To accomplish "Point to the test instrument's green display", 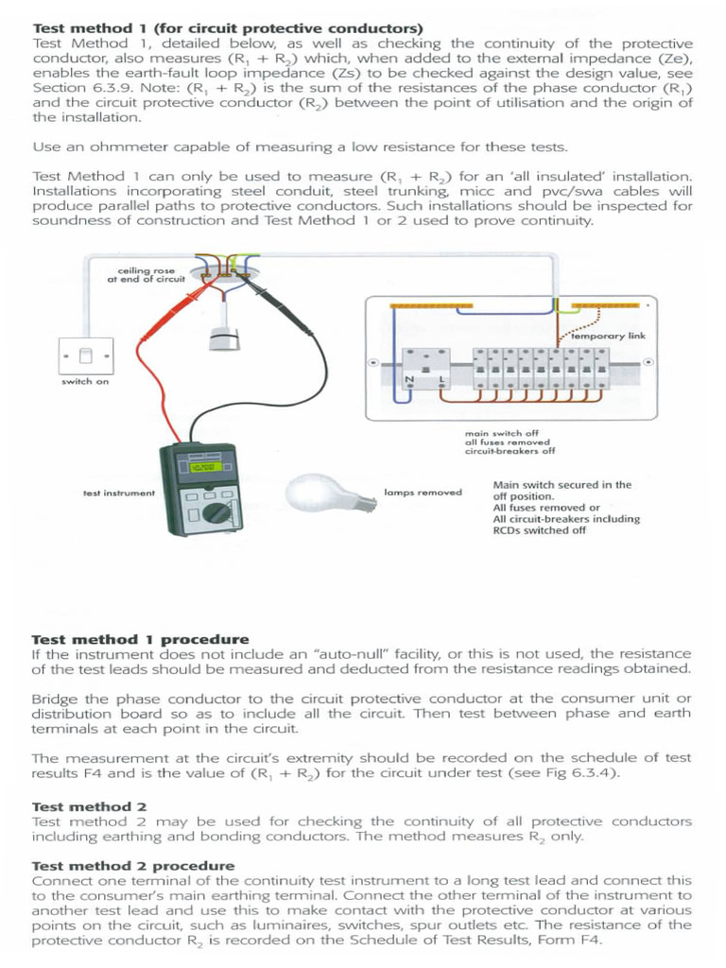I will coord(201,468).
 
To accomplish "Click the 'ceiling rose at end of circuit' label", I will coord(146,274).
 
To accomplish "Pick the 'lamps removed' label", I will coord(423,493).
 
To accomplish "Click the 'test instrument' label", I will coord(118,493).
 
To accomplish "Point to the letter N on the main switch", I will coord(409,379).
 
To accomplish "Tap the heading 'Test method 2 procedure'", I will coord(133,865).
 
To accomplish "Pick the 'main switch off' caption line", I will coord(501,433).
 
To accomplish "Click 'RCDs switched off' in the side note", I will coord(539,530).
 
